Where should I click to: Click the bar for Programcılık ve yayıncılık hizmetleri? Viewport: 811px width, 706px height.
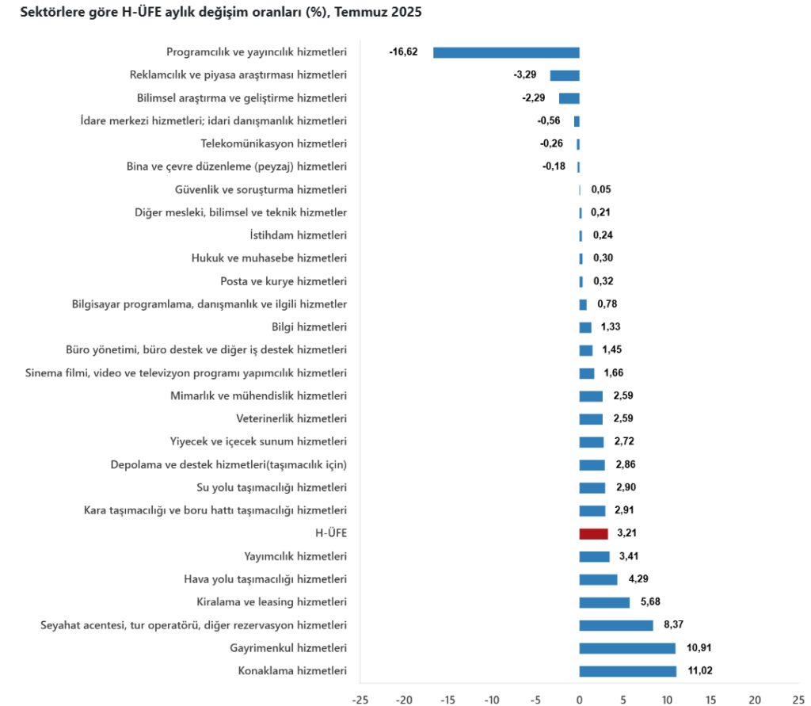point(506,52)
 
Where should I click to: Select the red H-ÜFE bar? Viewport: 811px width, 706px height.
point(593,534)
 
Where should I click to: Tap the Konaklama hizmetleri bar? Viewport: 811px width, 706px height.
point(628,671)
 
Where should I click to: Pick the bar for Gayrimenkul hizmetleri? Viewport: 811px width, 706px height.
point(627,648)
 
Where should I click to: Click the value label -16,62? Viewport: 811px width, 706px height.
point(403,52)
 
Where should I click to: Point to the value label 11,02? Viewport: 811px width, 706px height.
point(701,671)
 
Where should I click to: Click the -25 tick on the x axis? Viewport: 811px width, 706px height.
point(360,699)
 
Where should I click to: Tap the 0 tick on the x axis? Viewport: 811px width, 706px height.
point(579,699)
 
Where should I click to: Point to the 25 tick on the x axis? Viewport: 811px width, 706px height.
point(798,699)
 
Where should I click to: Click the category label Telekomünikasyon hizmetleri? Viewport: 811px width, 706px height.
point(274,143)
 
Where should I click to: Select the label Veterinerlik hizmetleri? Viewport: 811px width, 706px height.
point(291,418)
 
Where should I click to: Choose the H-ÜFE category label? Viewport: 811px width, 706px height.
point(331,533)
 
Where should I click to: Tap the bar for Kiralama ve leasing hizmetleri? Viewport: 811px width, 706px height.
point(604,602)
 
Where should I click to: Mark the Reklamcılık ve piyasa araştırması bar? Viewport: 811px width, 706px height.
point(565,75)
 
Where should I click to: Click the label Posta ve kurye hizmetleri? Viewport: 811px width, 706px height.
point(284,281)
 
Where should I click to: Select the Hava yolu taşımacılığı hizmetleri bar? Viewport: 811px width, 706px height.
point(598,579)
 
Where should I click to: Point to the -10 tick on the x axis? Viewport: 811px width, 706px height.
point(491,699)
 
